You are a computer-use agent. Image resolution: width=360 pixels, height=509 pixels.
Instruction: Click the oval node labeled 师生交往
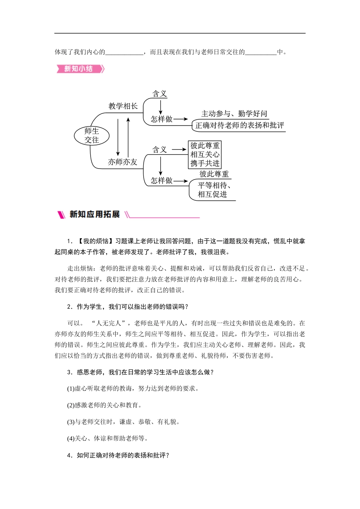click(x=92, y=136)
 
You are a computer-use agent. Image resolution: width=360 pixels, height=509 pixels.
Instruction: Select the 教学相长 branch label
click(x=123, y=106)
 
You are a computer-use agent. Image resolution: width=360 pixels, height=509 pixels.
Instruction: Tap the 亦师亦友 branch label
click(x=122, y=162)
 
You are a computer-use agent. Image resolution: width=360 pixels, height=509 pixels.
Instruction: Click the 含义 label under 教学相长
click(x=160, y=94)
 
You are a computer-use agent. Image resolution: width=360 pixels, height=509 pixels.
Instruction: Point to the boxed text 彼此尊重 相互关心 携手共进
click(x=205, y=155)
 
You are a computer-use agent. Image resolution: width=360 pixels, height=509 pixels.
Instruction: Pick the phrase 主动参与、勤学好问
click(x=234, y=114)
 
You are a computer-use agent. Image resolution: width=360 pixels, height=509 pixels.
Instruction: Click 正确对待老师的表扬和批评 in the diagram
click(x=239, y=125)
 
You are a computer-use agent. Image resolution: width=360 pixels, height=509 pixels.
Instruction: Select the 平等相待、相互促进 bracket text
click(x=214, y=190)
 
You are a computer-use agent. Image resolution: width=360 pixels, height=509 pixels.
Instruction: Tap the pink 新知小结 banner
click(x=80, y=69)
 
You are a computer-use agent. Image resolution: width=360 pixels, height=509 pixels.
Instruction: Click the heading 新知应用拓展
click(x=94, y=214)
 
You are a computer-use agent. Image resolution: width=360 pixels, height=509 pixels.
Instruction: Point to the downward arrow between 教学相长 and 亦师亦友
click(x=118, y=137)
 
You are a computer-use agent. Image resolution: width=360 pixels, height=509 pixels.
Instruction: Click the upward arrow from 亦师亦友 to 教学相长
click(x=128, y=137)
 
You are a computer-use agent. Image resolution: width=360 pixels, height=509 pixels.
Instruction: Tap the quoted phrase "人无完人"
click(x=110, y=323)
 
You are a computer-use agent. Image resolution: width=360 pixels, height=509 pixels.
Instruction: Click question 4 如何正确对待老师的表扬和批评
click(x=118, y=455)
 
